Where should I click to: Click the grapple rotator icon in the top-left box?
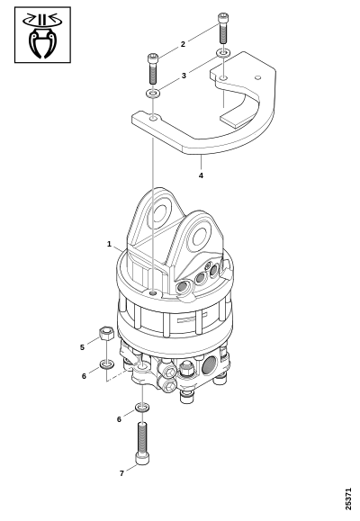pos(42,35)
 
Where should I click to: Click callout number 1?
pos(109,244)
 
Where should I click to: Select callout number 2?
pos(183,44)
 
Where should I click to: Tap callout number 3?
pos(184,76)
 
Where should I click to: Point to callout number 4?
pos(201,175)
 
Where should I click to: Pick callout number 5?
pos(82,347)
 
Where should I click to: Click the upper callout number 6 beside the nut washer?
pos(84,376)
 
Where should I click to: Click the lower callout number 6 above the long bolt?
pos(119,419)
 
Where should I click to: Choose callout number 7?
pos(121,473)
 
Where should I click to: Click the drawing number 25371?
pos(348,499)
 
